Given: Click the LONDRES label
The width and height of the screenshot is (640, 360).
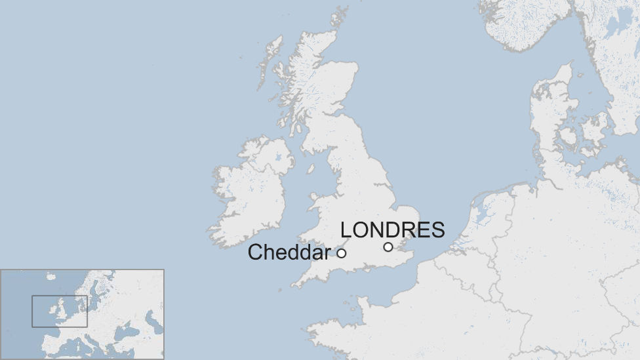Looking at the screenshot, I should pyautogui.click(x=392, y=230).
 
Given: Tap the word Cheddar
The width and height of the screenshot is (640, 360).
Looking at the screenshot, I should pyautogui.click(x=289, y=252).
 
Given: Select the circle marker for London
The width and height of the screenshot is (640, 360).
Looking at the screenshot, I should pyautogui.click(x=388, y=247).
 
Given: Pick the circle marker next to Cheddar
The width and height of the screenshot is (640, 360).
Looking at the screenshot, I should pyautogui.click(x=342, y=253).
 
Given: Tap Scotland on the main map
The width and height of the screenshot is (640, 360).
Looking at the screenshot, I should pyautogui.click(x=321, y=92).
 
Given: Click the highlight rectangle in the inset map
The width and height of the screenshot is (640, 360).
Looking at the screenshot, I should pyautogui.click(x=60, y=311).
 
